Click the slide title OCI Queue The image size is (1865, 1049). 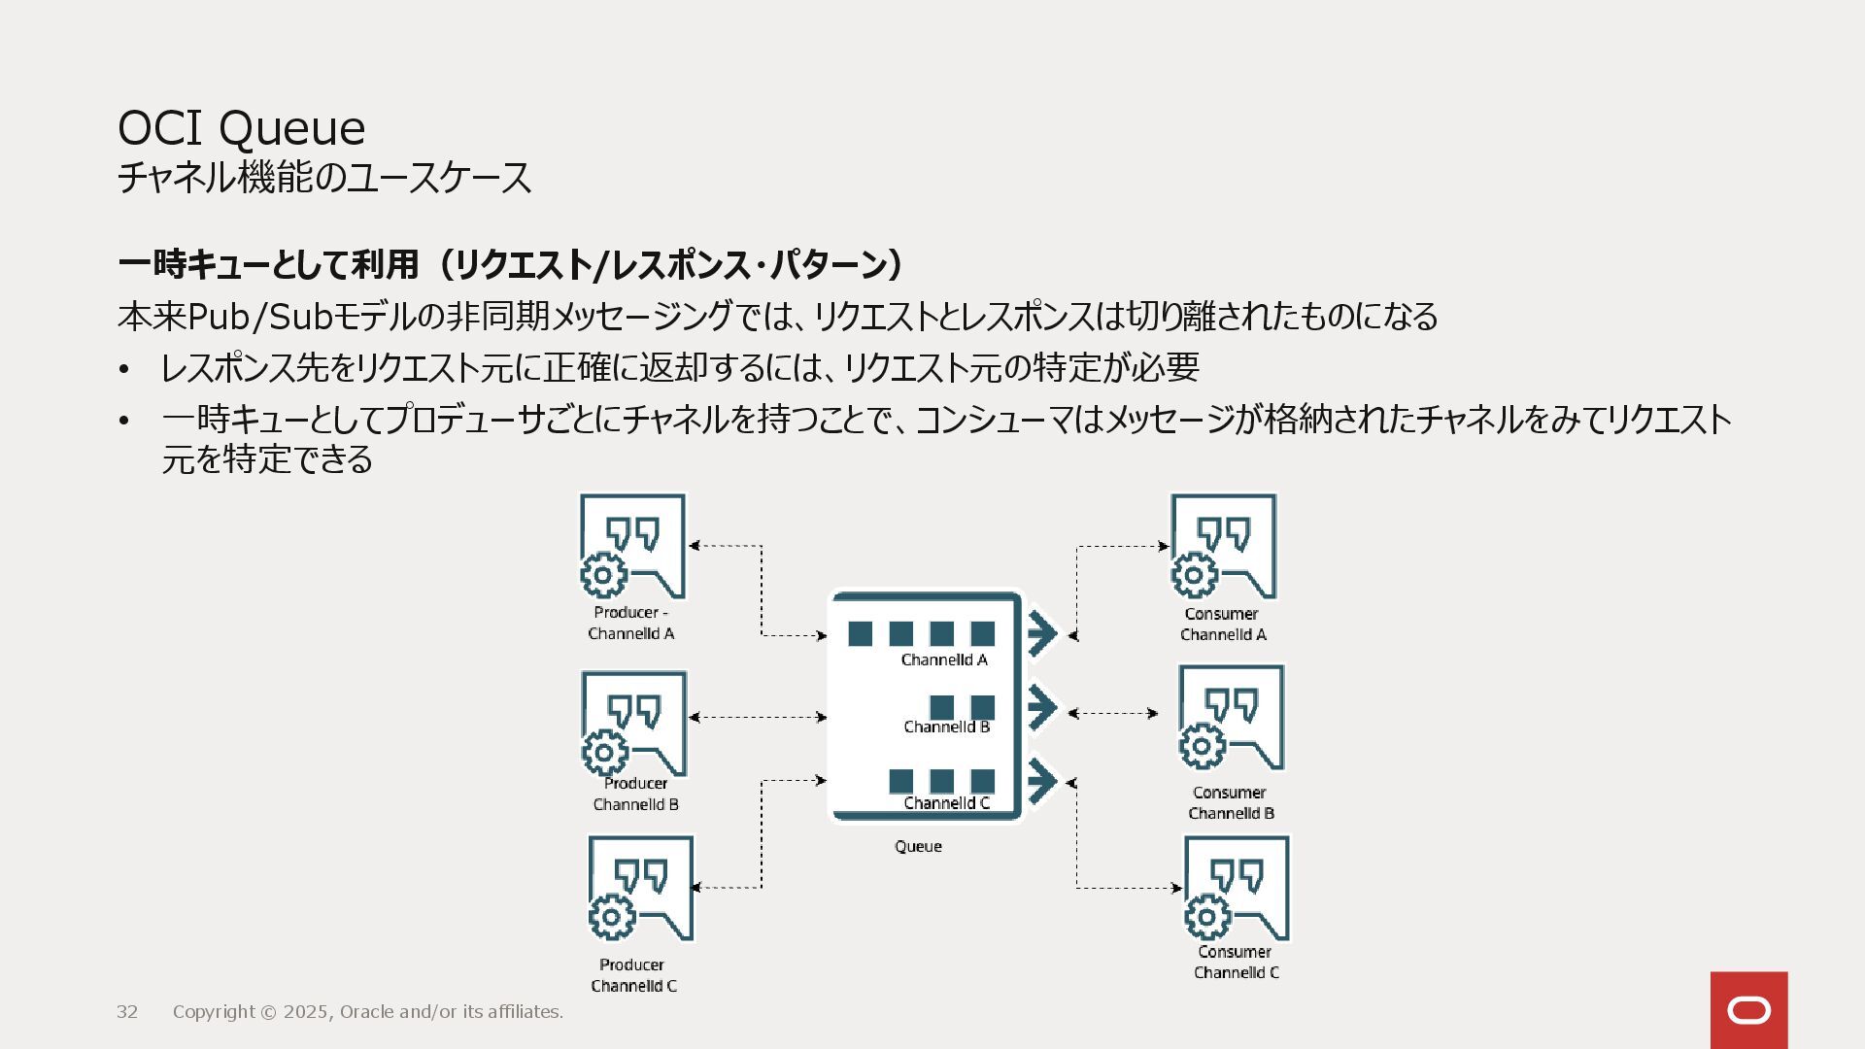pyautogui.click(x=241, y=127)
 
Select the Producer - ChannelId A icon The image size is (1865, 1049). pyautogui.click(x=632, y=548)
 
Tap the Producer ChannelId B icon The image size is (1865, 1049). pyautogui.click(x=634, y=724)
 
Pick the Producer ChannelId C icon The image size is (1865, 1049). pyautogui.click(x=641, y=889)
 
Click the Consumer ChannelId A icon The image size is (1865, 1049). pyautogui.click(x=1223, y=547)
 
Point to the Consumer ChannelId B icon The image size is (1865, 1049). pyautogui.click(x=1231, y=718)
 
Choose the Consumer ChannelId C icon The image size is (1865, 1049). pyautogui.click(x=1237, y=888)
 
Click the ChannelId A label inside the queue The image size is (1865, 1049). pyautogui.click(x=944, y=660)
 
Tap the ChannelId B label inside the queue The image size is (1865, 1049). pyautogui.click(x=946, y=727)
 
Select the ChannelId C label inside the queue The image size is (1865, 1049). pyautogui.click(x=946, y=802)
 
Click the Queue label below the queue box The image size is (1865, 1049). pyautogui.click(x=918, y=846)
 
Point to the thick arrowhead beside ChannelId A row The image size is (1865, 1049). pyautogui.click(x=1041, y=634)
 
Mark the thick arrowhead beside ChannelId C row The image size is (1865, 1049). pyautogui.click(x=1041, y=780)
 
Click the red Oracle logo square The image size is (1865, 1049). pyautogui.click(x=1748, y=1010)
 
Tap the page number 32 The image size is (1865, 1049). pyautogui.click(x=127, y=1011)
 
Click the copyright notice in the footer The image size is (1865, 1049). pyautogui.click(x=367, y=1011)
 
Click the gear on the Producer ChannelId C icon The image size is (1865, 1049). pyautogui.click(x=611, y=916)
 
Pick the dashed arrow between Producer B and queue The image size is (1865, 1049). pyautogui.click(x=758, y=717)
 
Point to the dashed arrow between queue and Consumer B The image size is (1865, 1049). pyautogui.click(x=1113, y=713)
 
